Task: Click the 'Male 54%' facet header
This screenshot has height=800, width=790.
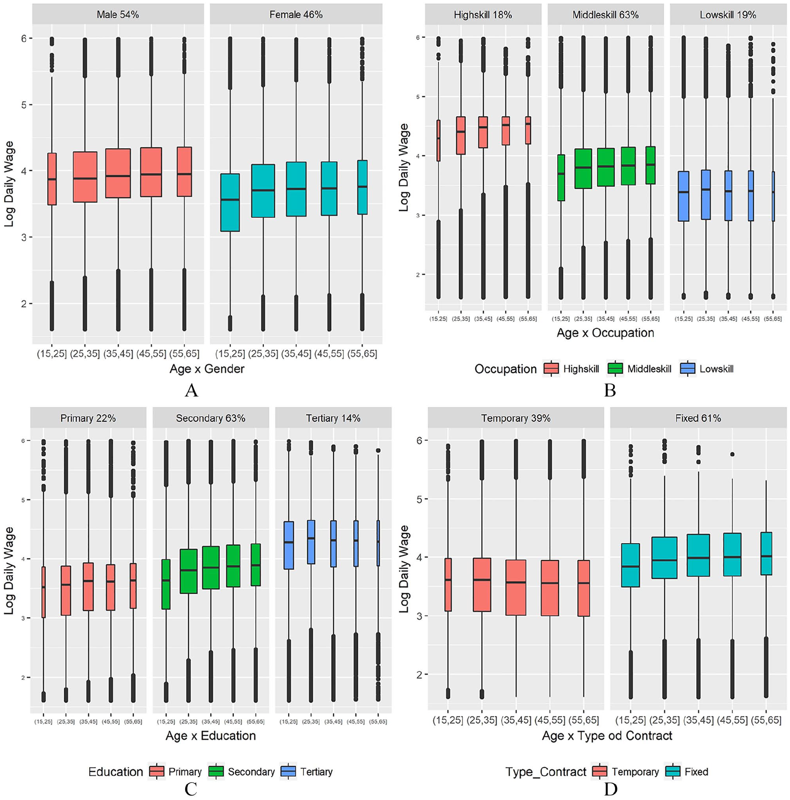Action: click(118, 14)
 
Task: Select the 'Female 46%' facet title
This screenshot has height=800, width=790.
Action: click(296, 14)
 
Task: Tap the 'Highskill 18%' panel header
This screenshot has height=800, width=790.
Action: click(483, 15)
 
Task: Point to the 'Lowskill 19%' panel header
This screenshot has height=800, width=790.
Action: click(728, 15)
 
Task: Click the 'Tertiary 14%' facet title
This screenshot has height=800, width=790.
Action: click(333, 418)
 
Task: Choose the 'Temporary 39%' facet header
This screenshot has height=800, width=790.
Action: click(516, 418)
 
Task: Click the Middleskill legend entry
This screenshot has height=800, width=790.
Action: click(640, 368)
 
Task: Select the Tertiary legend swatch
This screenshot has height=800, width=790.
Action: click(288, 772)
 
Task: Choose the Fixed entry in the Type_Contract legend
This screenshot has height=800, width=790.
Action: click(687, 772)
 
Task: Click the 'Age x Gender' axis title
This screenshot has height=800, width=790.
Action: click(207, 368)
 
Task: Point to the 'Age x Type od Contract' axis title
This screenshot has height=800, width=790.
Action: click(607, 735)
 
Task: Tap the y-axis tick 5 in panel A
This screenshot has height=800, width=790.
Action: click(24, 105)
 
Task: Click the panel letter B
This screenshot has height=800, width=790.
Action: click(610, 390)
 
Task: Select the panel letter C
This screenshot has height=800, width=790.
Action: click(191, 789)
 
